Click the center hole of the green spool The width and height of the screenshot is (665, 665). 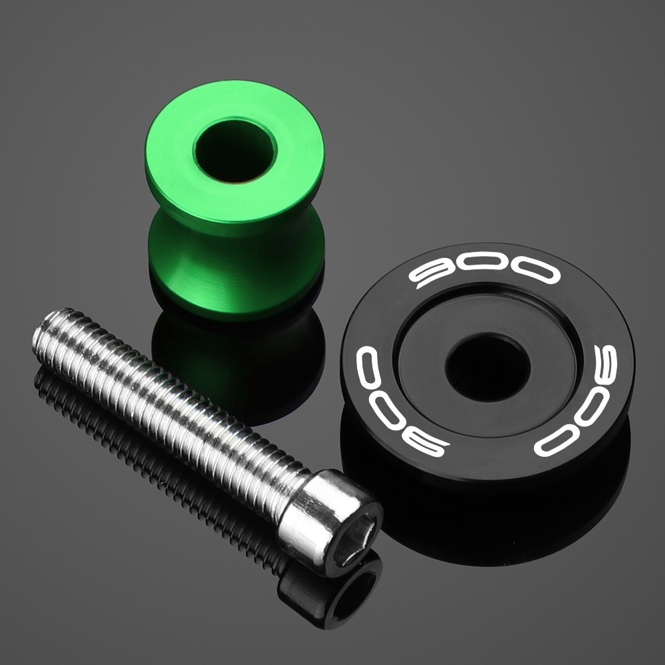click(x=235, y=150)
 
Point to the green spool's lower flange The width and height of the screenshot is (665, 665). click(x=236, y=271)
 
